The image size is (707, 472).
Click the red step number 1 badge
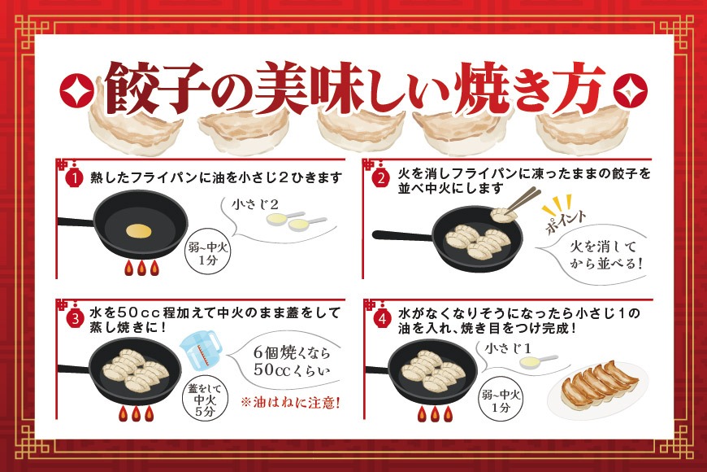[x=74, y=177]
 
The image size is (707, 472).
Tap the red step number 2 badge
[x=381, y=178]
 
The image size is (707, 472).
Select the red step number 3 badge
[x=75, y=318]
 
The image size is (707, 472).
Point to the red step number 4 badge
[x=382, y=319]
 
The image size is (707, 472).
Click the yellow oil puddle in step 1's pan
[x=138, y=230]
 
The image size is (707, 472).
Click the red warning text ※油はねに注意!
[x=290, y=402]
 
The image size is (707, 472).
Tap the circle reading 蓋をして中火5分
[x=205, y=400]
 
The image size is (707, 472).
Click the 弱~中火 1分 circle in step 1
[x=208, y=254]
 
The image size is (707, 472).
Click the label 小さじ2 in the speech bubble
[x=255, y=204]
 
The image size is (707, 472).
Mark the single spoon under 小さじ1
[x=538, y=361]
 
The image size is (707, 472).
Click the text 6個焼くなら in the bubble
[x=291, y=352]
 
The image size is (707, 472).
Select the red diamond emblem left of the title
[x=77, y=90]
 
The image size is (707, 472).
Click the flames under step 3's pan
[x=137, y=413]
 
